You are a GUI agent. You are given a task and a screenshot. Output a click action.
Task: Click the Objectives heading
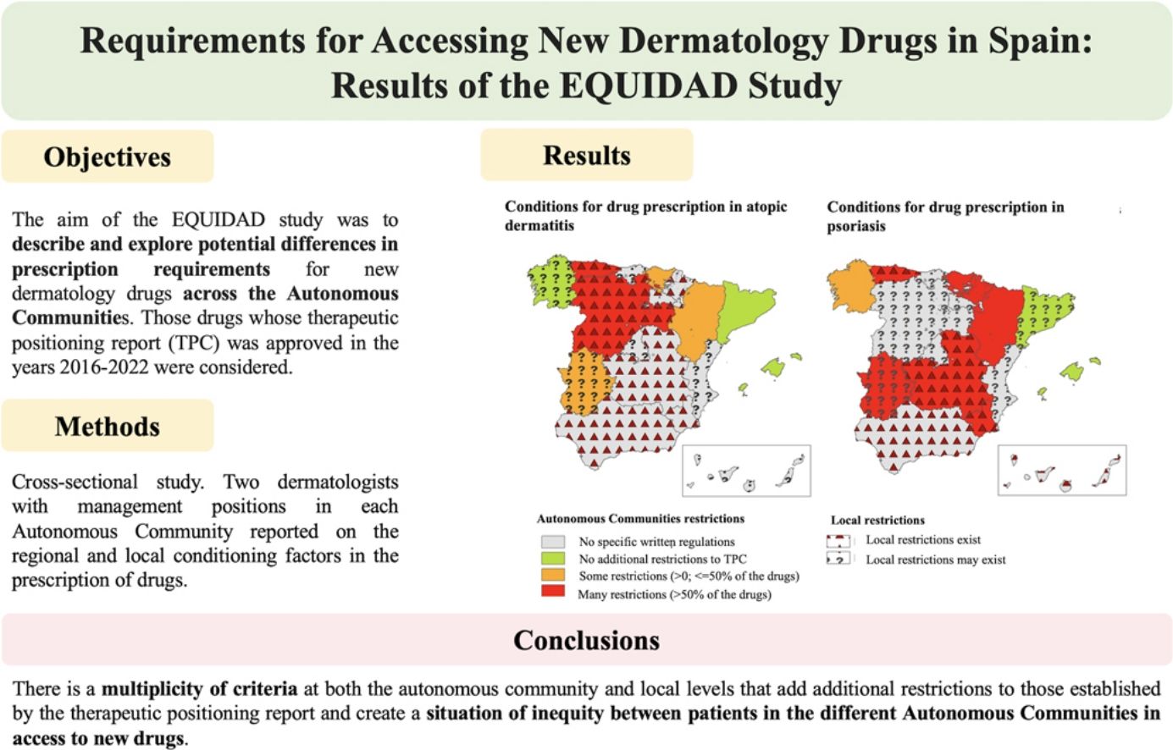coord(108,157)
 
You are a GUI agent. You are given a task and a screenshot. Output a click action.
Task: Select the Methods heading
coord(108,426)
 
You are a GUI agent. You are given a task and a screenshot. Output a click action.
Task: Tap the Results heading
coord(586,156)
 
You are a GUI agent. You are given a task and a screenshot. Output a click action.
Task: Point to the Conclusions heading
coord(586,640)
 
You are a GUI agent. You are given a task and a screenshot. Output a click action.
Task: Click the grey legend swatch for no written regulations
coord(552,542)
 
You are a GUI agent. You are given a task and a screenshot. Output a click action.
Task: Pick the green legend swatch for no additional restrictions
coord(552,559)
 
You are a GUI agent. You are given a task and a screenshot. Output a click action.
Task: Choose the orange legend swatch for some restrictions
coord(552,576)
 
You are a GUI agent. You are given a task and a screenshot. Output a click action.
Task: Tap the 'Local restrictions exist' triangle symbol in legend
coord(838,540)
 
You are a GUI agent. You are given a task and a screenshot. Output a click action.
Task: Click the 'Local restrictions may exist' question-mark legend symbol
coord(838,560)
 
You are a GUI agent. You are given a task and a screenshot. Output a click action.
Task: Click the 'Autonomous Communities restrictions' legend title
coord(640,519)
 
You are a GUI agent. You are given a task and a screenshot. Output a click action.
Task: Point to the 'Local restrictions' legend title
coord(877,521)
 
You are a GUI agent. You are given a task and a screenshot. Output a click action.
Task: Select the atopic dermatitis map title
coord(645,216)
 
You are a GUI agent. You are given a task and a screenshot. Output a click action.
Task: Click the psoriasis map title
coord(945,216)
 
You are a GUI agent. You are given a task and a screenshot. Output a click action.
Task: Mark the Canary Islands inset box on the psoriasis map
coord(1062,470)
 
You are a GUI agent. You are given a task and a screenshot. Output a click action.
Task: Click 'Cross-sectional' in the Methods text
coord(75,482)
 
